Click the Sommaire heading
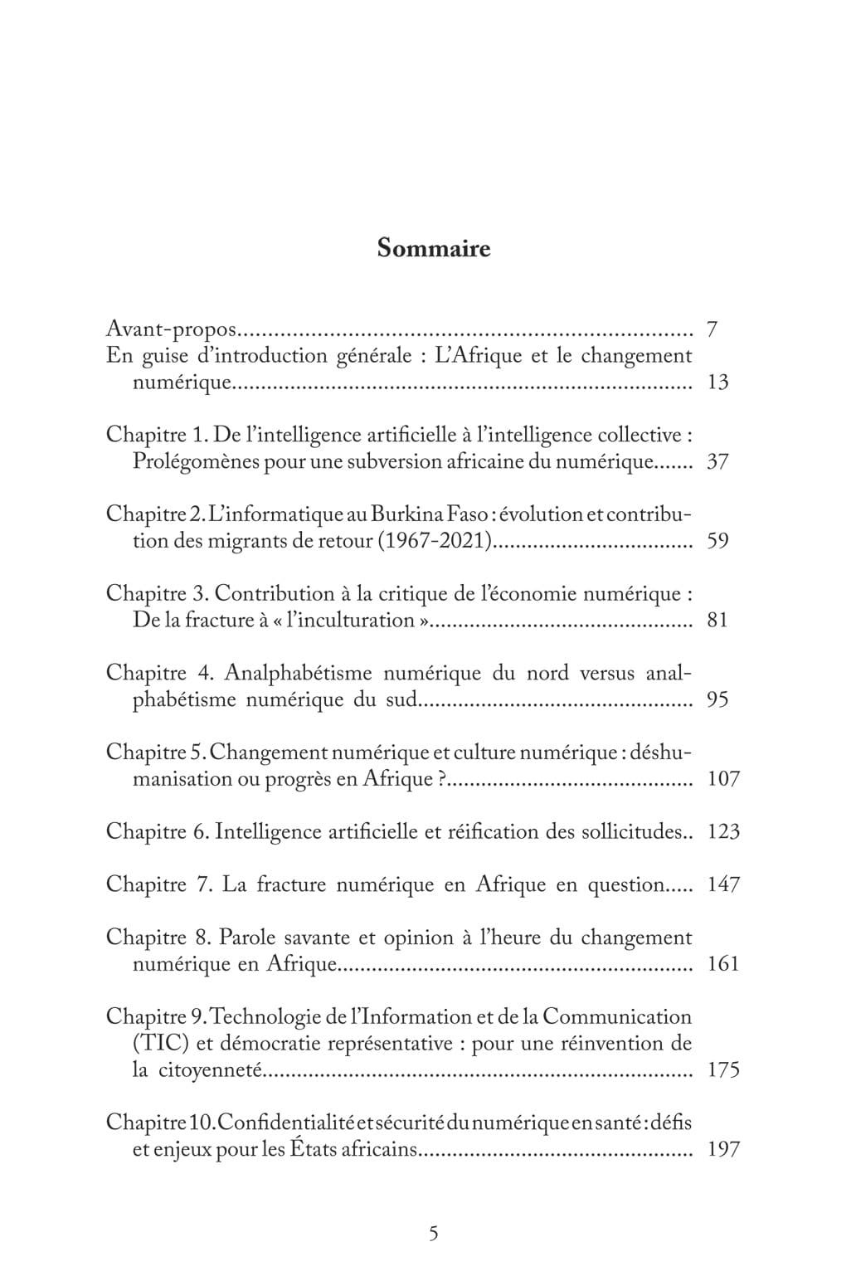pyautogui.click(x=433, y=248)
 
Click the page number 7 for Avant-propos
pyautogui.click(x=712, y=329)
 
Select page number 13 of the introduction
pyautogui.click(x=717, y=382)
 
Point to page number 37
pyautogui.click(x=717, y=462)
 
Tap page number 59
pyautogui.click(x=717, y=542)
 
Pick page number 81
pyautogui.click(x=717, y=621)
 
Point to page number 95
pyautogui.click(x=717, y=699)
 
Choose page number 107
pyautogui.click(x=722, y=779)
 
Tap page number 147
pyautogui.click(x=722, y=884)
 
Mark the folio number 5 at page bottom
pyautogui.click(x=433, y=1233)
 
